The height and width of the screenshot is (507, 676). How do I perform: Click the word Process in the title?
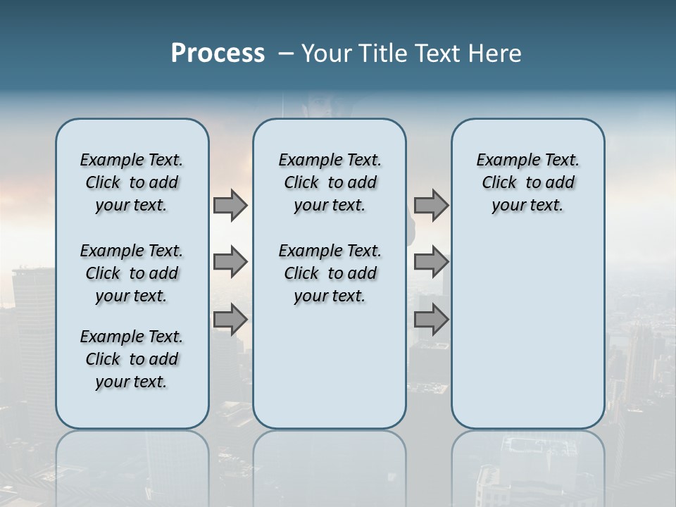pos(218,53)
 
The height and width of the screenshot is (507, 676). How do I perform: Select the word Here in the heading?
pos(494,54)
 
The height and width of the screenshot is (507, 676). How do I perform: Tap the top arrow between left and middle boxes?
pos(230,205)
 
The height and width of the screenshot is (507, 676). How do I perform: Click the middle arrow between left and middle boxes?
pos(230,262)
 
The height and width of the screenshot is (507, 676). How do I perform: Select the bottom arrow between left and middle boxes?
pos(230,320)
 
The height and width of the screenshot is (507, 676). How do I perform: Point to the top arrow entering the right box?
pos(431,205)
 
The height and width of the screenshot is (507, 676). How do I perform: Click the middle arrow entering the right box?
pos(431,262)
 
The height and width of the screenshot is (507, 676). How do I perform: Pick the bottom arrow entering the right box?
pos(431,320)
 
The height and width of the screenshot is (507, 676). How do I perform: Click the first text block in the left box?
pos(132,182)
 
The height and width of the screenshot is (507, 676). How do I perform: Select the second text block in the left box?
pos(132,273)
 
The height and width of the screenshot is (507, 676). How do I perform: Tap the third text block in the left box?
pos(132,359)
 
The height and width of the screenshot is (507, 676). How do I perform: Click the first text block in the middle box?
pos(330,182)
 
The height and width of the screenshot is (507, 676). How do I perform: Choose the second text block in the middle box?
pos(330,273)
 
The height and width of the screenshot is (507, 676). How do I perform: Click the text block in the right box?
pos(527,182)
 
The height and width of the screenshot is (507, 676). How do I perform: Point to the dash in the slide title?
pos(286,54)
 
